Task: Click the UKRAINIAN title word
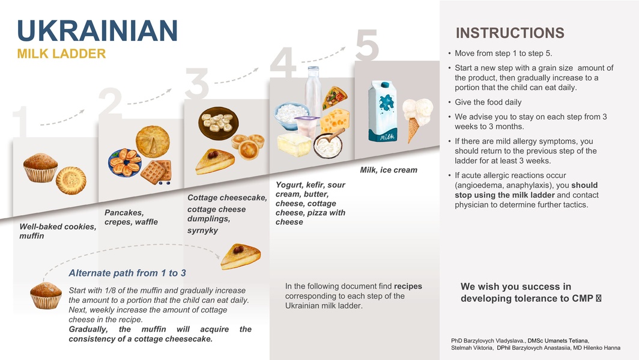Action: coord(97,31)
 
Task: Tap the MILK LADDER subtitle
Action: coord(61,53)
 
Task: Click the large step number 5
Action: coord(367,45)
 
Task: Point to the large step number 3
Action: coord(197,84)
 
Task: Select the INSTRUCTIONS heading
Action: coord(510,33)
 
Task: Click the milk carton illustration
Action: coord(383,111)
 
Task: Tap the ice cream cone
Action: coord(417,119)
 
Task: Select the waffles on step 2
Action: coord(157,172)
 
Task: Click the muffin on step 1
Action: coord(40,168)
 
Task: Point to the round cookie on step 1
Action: coord(71,180)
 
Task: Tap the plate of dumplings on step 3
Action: coord(219,123)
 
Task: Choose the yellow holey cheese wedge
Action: coord(335,121)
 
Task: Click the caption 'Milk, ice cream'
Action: coord(389,170)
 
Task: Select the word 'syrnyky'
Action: coord(202,230)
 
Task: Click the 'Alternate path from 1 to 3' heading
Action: coord(127,273)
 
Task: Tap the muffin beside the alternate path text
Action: coord(46,296)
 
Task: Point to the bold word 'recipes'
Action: coord(408,286)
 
